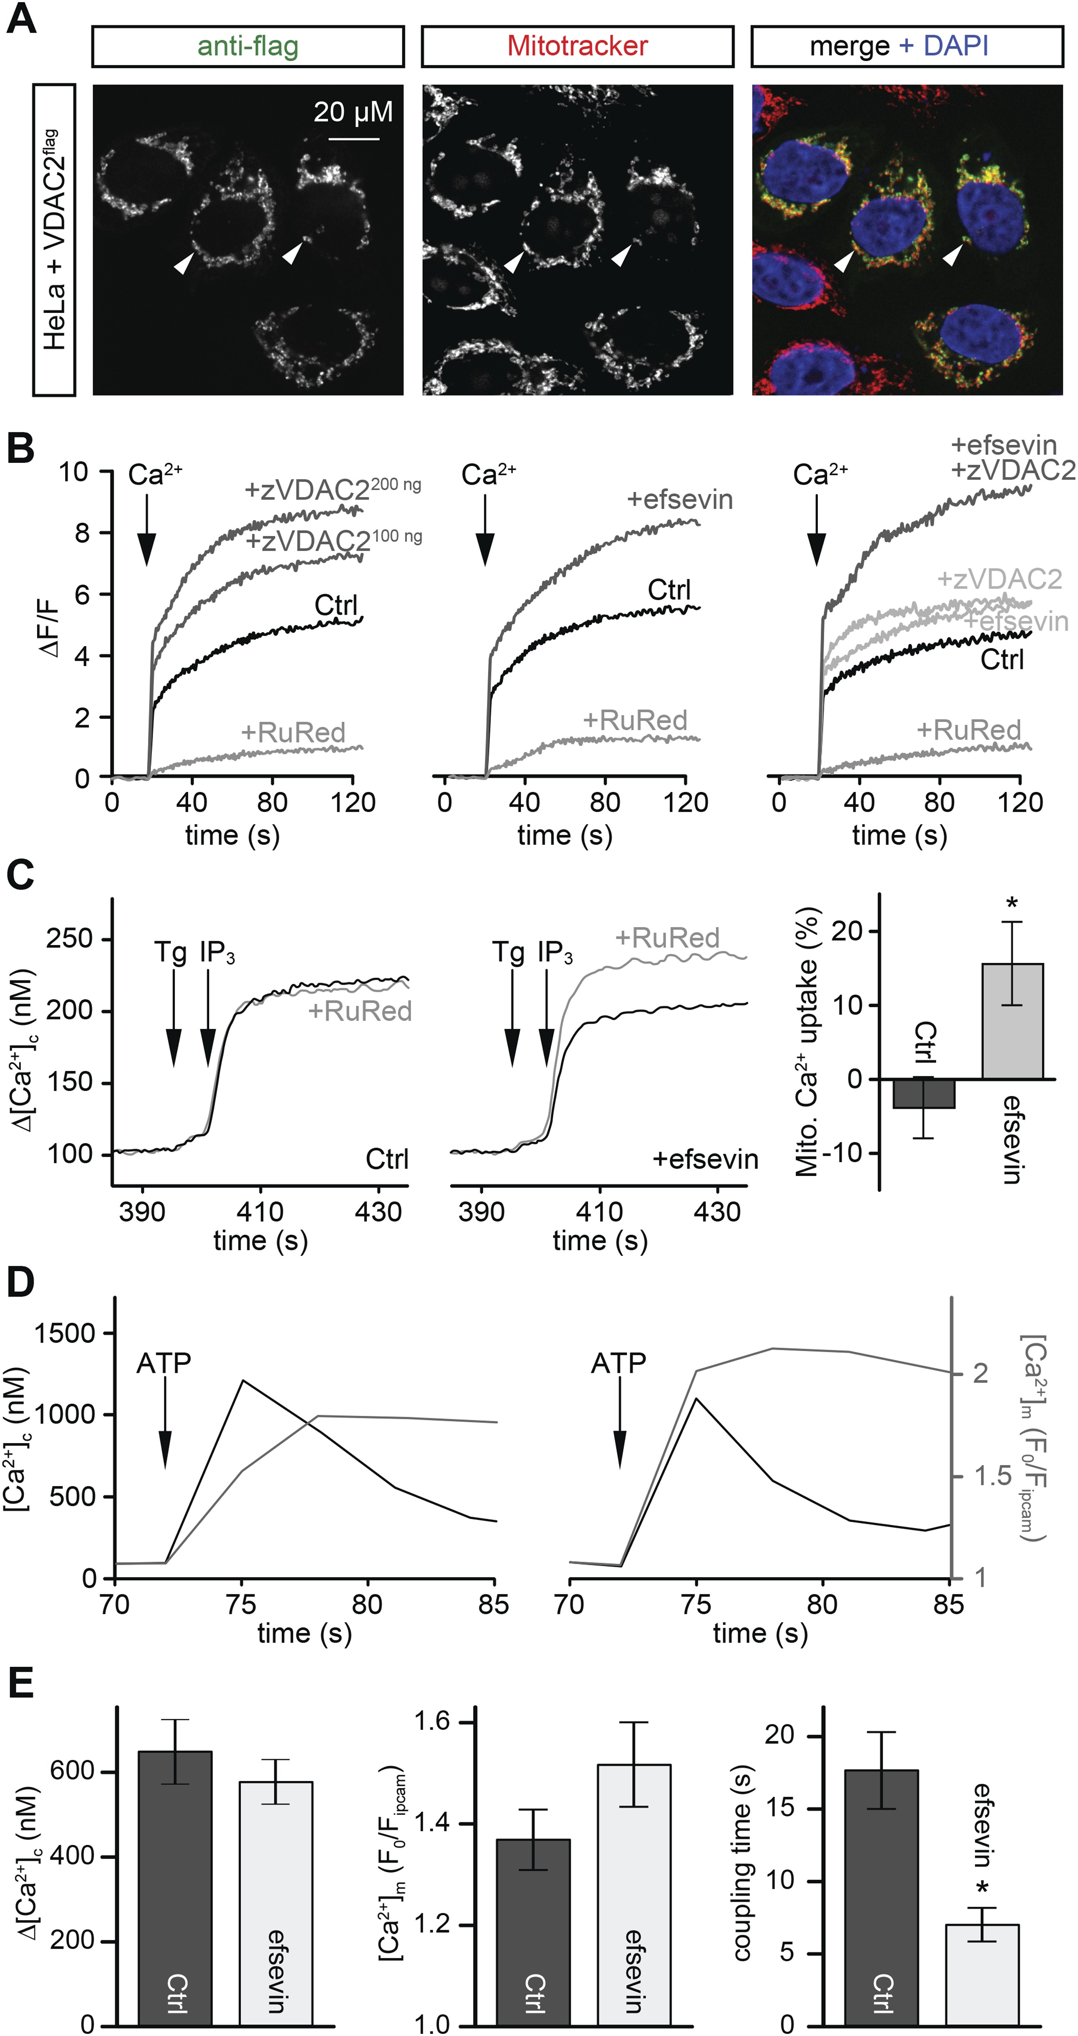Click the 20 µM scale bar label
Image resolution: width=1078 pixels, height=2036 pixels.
[353, 112]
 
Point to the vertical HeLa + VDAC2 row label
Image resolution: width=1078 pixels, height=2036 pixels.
[54, 240]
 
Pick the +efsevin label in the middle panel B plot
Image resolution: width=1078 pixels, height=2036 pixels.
[679, 500]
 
